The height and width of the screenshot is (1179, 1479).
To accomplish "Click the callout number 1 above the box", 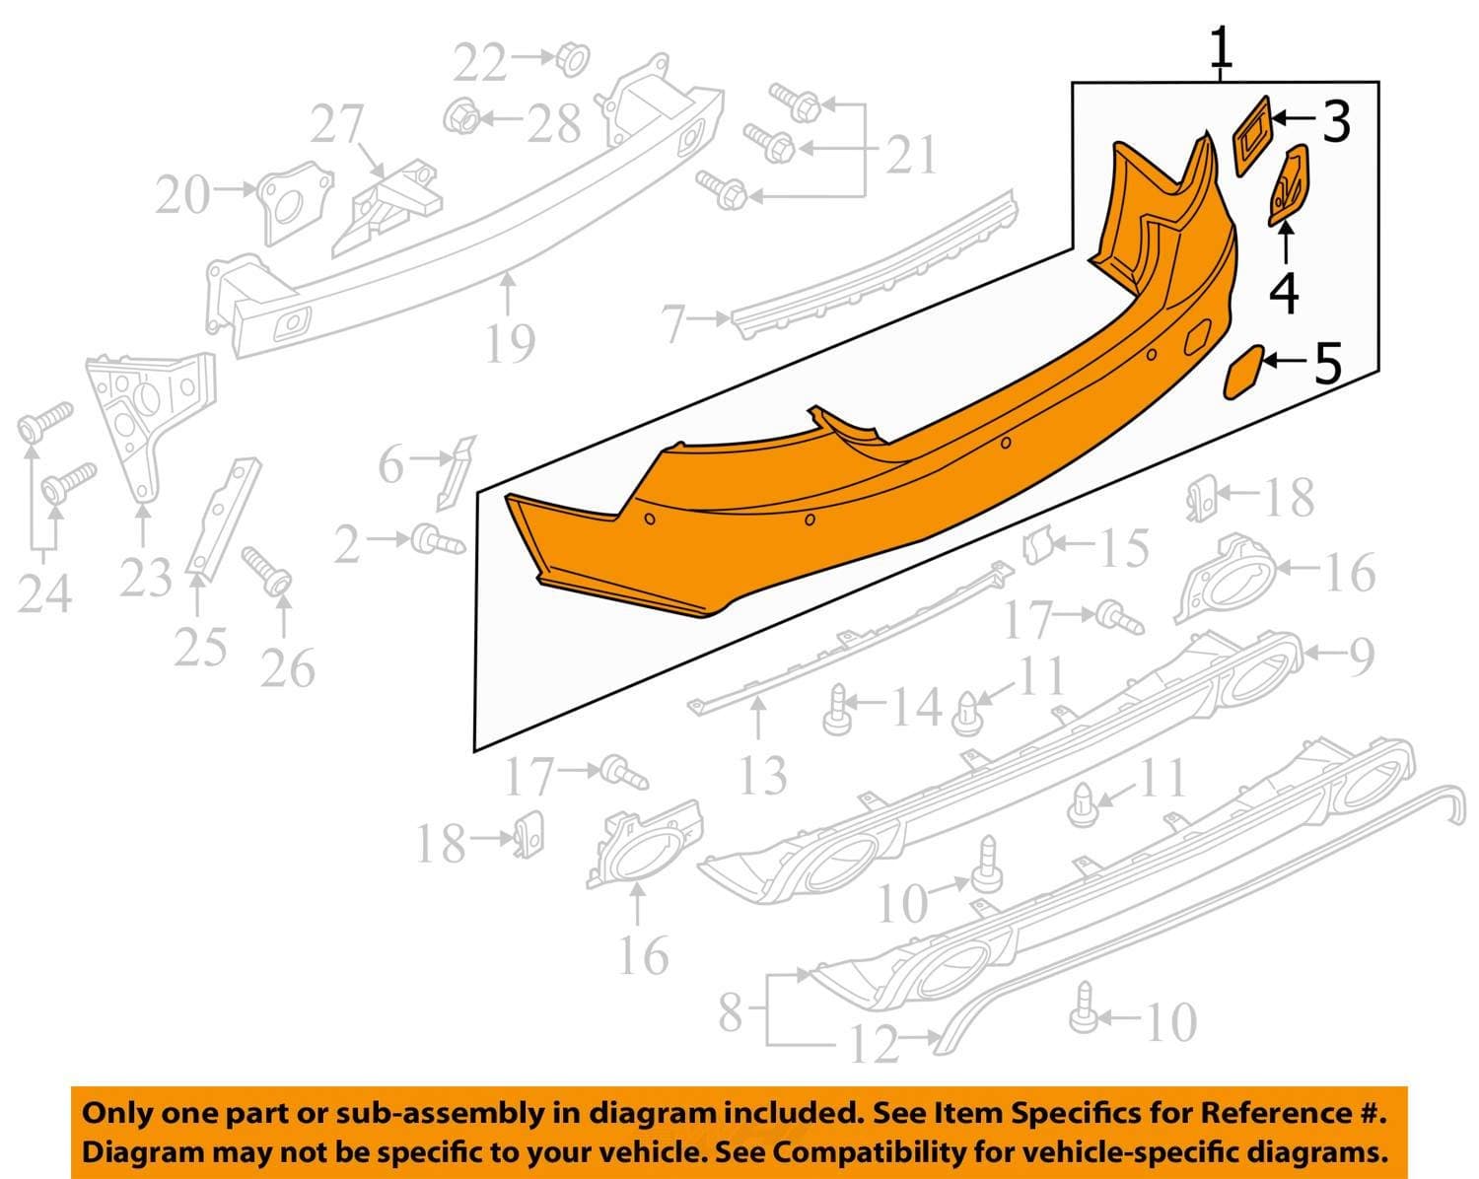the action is [x=1221, y=47].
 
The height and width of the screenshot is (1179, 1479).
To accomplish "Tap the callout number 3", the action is [x=1336, y=121].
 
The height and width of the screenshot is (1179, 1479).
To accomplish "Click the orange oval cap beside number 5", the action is [x=1244, y=373].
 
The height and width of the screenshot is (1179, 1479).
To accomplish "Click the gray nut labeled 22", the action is [x=573, y=59].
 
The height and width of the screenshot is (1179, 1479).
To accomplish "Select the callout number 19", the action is [x=510, y=343].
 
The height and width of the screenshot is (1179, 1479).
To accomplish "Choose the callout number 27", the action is [x=336, y=124].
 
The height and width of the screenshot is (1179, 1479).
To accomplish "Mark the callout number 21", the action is [x=912, y=155].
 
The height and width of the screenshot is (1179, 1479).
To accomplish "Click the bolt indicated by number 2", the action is [x=438, y=541].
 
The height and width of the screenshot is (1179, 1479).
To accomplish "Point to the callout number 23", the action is [x=145, y=576].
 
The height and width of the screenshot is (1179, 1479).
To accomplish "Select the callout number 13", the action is [x=763, y=775].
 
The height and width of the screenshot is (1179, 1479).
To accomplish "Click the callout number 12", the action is [x=875, y=1044].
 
